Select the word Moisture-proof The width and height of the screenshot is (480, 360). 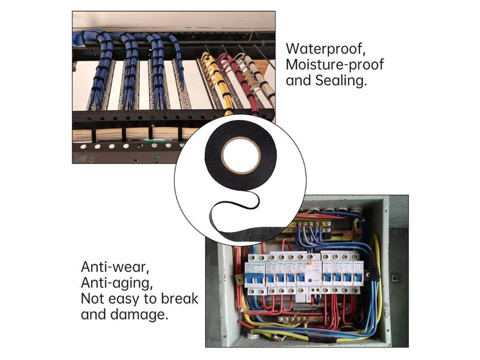point(335,65)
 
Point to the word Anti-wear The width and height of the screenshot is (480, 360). point(115,267)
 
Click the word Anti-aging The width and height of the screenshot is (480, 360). point(116,283)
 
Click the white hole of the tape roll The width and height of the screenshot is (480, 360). point(241,155)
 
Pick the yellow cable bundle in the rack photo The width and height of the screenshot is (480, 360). point(215,80)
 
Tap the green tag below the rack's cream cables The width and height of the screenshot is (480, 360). point(158,140)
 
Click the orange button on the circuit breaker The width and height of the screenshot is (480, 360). point(310,263)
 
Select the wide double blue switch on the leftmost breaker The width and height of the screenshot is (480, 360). point(255,278)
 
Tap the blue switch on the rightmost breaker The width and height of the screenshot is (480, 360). point(358,278)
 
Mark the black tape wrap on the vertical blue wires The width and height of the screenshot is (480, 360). point(373,266)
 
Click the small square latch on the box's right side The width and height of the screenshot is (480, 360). point(395,278)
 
